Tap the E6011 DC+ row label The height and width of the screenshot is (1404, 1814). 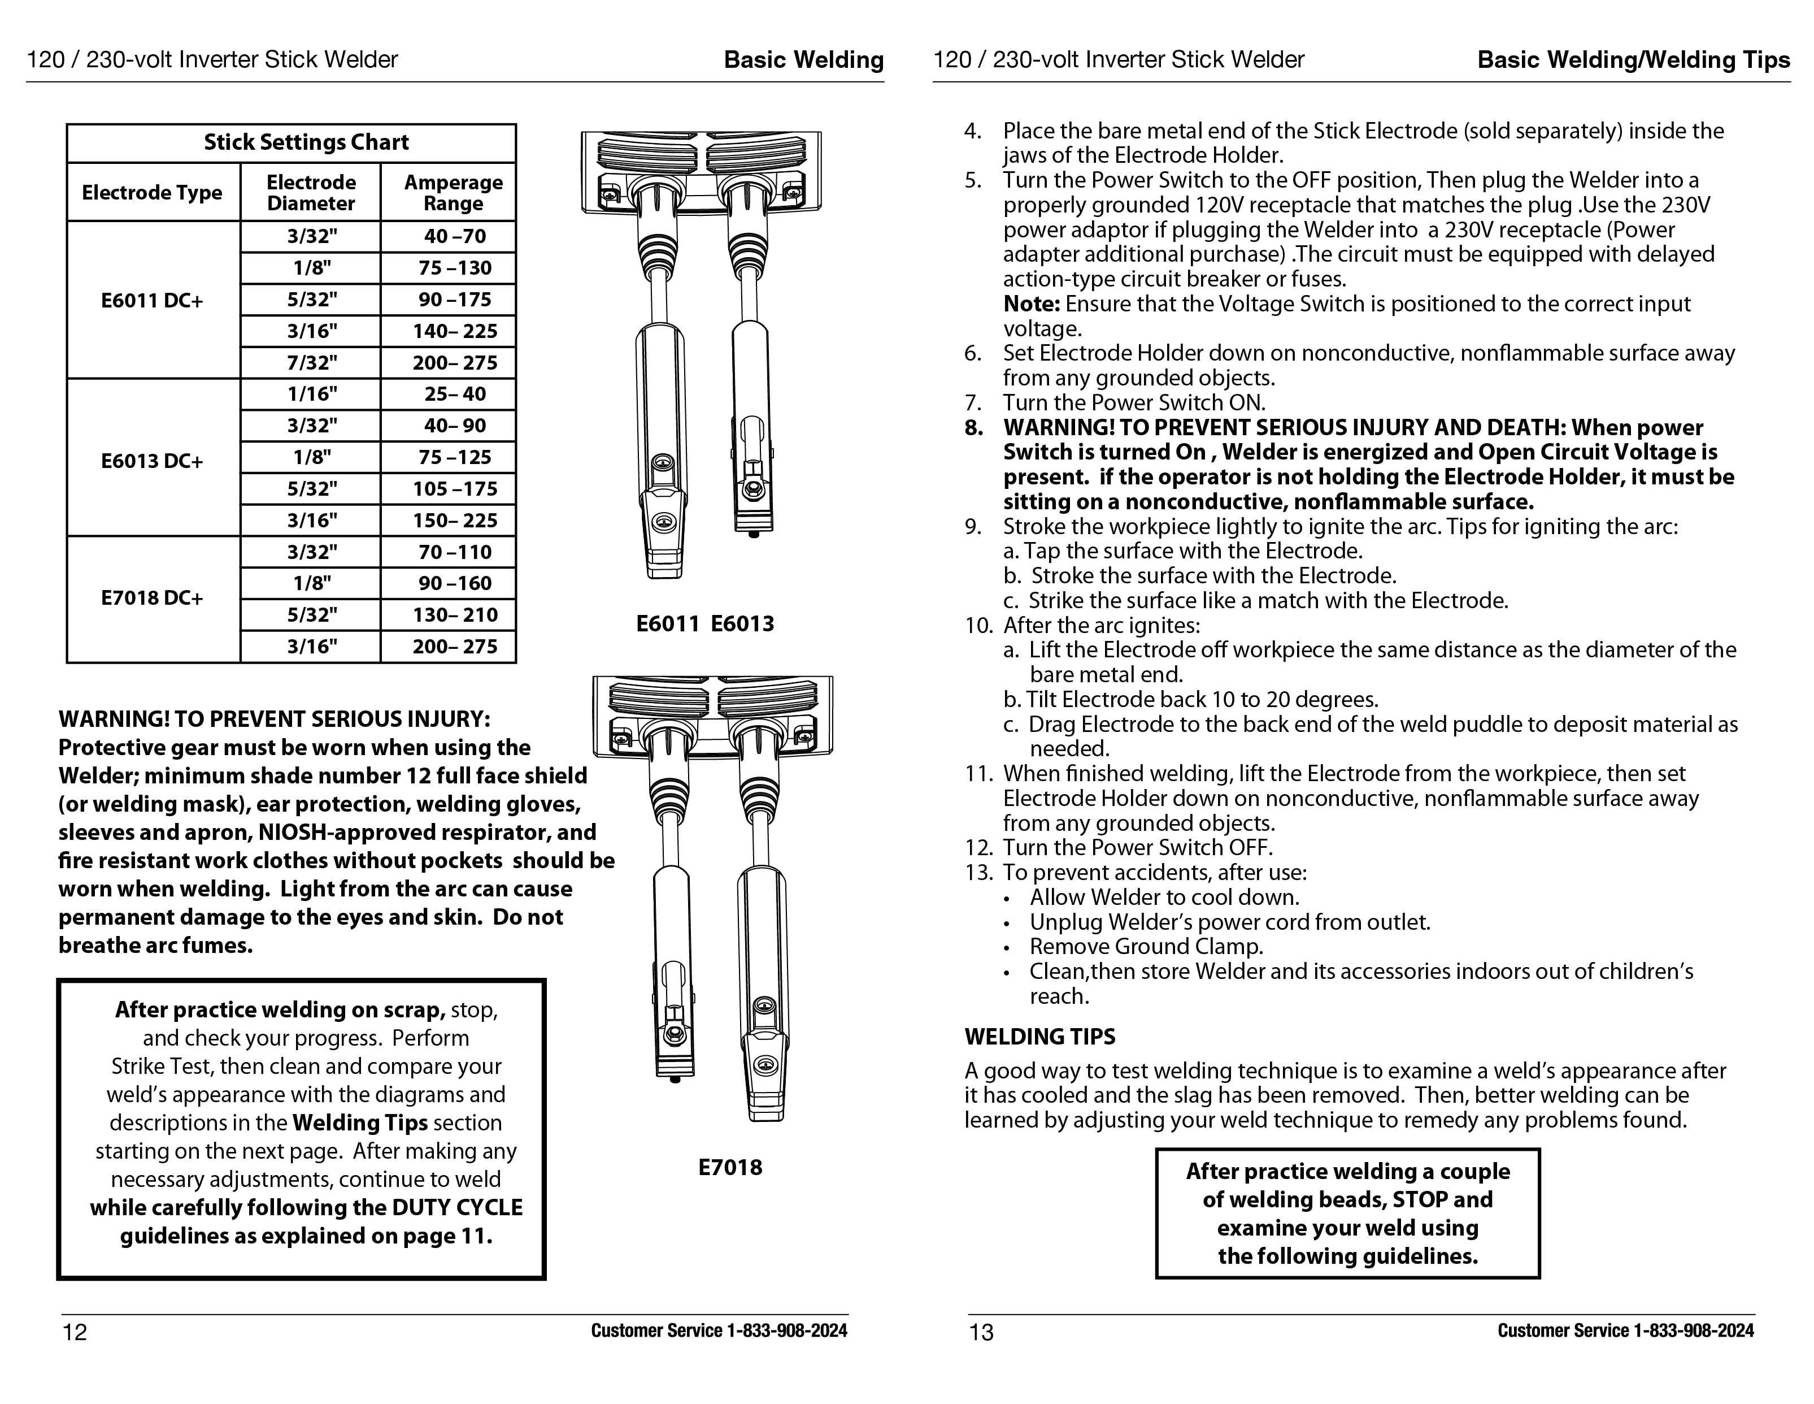coord(152,301)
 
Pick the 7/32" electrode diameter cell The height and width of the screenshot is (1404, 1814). coord(311,363)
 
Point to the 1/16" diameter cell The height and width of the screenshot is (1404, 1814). coord(311,395)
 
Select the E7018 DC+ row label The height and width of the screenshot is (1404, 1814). coord(152,598)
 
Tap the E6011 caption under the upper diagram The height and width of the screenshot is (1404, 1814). coord(667,624)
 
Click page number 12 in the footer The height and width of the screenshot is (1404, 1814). coord(75,1333)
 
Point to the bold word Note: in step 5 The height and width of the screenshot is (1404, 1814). coord(1031,304)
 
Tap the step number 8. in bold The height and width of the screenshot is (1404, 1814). coord(973,428)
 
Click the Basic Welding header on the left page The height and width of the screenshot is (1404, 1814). coord(803,60)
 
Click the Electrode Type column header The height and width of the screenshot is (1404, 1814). coord(152,193)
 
